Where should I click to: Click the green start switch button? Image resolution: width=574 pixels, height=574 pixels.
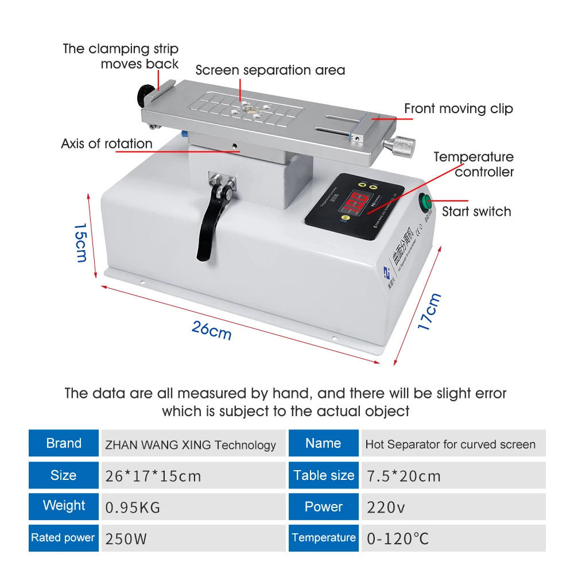(425, 201)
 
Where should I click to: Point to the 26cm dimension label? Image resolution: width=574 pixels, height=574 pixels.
(212, 331)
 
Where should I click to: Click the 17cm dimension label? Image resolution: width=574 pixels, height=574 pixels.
(429, 311)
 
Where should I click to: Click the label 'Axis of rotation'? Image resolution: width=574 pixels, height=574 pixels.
(107, 143)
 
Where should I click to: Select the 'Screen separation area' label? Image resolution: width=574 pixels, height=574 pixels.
(270, 70)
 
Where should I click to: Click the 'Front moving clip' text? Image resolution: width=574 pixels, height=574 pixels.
(459, 108)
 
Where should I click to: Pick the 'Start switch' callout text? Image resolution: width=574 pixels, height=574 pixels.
(476, 211)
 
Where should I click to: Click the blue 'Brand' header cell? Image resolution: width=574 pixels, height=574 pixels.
(64, 444)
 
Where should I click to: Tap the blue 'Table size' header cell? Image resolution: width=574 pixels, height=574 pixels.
(324, 475)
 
